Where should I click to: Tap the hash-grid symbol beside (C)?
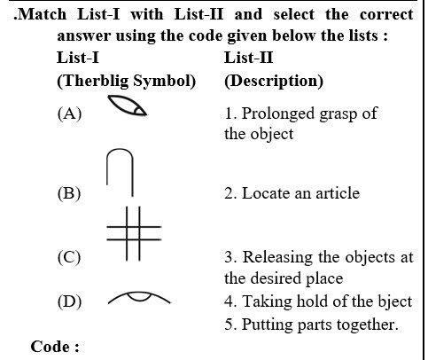click(x=134, y=233)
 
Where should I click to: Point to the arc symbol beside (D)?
click(x=139, y=293)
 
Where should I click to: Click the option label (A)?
click(x=69, y=113)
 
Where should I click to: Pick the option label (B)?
click(x=69, y=193)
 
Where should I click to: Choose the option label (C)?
click(x=69, y=257)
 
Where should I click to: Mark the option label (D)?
click(x=69, y=301)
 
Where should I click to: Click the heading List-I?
click(x=78, y=58)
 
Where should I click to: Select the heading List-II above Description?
click(x=248, y=58)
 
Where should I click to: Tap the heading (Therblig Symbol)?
click(x=127, y=81)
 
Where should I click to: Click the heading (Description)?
click(x=274, y=81)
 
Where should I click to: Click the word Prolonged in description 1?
click(x=278, y=114)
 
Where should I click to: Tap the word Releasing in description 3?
click(x=277, y=258)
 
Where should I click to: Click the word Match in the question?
click(x=42, y=14)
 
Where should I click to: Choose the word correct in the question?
click(x=386, y=14)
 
